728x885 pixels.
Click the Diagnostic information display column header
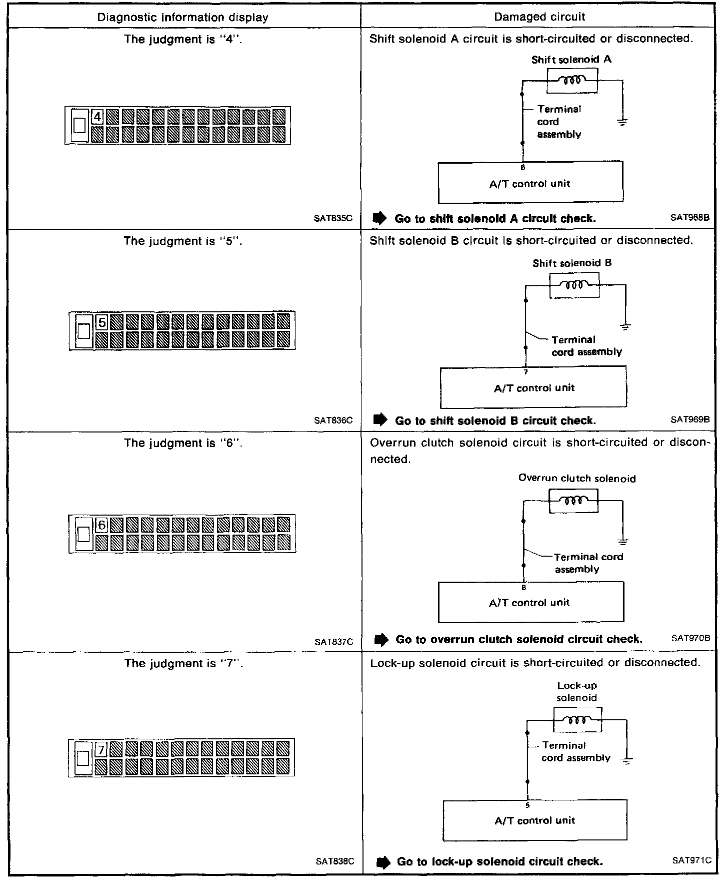pos(182,18)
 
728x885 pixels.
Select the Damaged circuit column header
pos(539,17)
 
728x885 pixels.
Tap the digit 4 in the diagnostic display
pos(97,117)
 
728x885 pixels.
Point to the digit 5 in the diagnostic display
pos(101,322)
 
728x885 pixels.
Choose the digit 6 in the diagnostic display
pos(101,525)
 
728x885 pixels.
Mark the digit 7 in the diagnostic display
pos(101,750)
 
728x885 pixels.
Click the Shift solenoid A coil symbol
pos(572,81)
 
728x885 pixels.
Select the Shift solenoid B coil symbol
pos(574,285)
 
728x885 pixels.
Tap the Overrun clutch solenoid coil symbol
pos(573,501)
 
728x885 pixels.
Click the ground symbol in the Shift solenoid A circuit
pos(622,122)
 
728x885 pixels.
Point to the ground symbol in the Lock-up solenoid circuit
pos(626,760)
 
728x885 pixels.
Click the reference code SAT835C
pos(333,218)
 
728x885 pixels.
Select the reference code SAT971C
pos(691,860)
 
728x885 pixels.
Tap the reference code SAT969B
pos(690,419)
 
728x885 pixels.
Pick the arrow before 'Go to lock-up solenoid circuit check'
pos(382,862)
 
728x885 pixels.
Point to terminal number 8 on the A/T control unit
pos(523,588)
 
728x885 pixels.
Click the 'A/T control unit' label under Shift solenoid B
pos(534,388)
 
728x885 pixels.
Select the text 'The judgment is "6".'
pos(183,443)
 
